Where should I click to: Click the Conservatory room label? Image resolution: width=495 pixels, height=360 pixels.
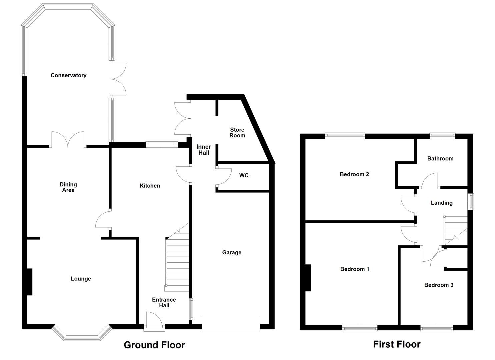click(x=68, y=75)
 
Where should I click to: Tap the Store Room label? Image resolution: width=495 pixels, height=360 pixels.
click(x=237, y=133)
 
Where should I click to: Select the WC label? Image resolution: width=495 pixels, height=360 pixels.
click(x=244, y=175)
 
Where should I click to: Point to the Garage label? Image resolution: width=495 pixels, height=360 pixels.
click(x=232, y=252)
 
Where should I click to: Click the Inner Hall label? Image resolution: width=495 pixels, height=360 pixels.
click(x=203, y=150)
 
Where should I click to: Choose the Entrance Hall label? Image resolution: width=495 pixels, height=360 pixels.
click(x=164, y=302)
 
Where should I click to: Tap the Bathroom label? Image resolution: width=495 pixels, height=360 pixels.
click(x=440, y=159)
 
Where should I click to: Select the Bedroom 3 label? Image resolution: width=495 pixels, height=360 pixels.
click(x=438, y=285)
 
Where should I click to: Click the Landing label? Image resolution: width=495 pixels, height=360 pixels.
click(x=441, y=203)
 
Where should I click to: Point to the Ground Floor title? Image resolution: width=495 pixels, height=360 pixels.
click(x=154, y=345)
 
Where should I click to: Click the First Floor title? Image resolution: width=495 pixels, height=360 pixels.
click(x=396, y=344)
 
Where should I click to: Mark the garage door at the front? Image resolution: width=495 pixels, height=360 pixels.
click(x=231, y=324)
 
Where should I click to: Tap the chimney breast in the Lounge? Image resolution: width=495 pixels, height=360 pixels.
click(x=29, y=282)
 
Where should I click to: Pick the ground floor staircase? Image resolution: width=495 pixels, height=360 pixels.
click(x=178, y=260)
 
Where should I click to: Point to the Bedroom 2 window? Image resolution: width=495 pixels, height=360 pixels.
click(x=345, y=135)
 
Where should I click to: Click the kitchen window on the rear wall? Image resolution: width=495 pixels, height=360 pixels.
click(x=162, y=144)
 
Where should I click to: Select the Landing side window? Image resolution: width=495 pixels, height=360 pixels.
click(x=470, y=201)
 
